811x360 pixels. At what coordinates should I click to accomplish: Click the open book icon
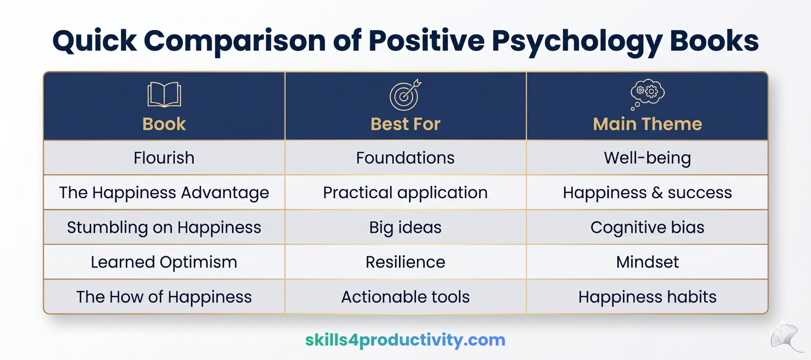tap(164, 94)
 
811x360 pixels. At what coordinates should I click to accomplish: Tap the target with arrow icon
tap(405, 95)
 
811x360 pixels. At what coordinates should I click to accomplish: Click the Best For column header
tap(405, 124)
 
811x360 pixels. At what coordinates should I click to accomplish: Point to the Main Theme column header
tap(647, 124)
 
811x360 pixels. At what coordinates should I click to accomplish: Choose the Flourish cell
tap(164, 158)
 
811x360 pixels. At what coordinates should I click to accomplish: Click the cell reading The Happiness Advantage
tap(164, 193)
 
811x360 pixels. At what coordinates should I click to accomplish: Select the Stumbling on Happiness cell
tap(164, 228)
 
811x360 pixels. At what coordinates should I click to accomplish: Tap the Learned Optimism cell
tap(164, 262)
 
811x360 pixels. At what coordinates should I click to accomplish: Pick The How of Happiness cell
tap(164, 297)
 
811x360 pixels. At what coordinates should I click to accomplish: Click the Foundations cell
tap(405, 158)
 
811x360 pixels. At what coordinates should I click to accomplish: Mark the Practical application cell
tap(405, 193)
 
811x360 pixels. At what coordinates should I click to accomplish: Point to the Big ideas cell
tap(405, 228)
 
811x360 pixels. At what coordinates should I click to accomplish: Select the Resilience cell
tap(405, 262)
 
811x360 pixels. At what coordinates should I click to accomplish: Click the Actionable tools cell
tap(405, 297)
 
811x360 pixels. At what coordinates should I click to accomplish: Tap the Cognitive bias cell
tap(647, 228)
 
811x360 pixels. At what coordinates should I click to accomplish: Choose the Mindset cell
tap(647, 262)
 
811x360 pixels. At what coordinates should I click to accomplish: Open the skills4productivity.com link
tap(405, 340)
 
